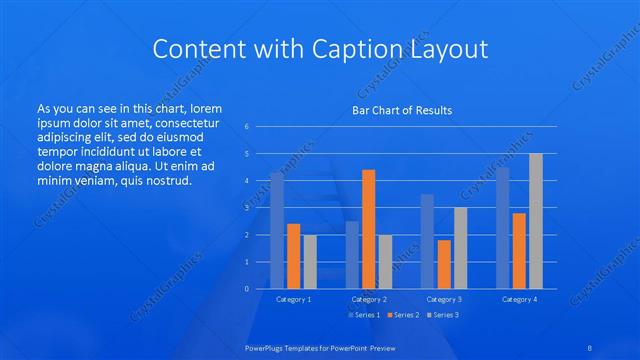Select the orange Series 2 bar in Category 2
(x=368, y=229)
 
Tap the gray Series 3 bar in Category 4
(x=536, y=221)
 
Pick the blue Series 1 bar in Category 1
(x=277, y=230)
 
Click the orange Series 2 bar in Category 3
(x=444, y=264)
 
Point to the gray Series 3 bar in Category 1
(x=310, y=261)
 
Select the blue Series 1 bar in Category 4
(x=503, y=228)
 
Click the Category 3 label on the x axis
(x=444, y=299)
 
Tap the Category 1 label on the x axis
(x=293, y=299)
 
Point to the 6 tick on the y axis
(x=247, y=127)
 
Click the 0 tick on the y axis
(x=247, y=289)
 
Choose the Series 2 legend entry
(x=405, y=315)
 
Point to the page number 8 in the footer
(x=589, y=345)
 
